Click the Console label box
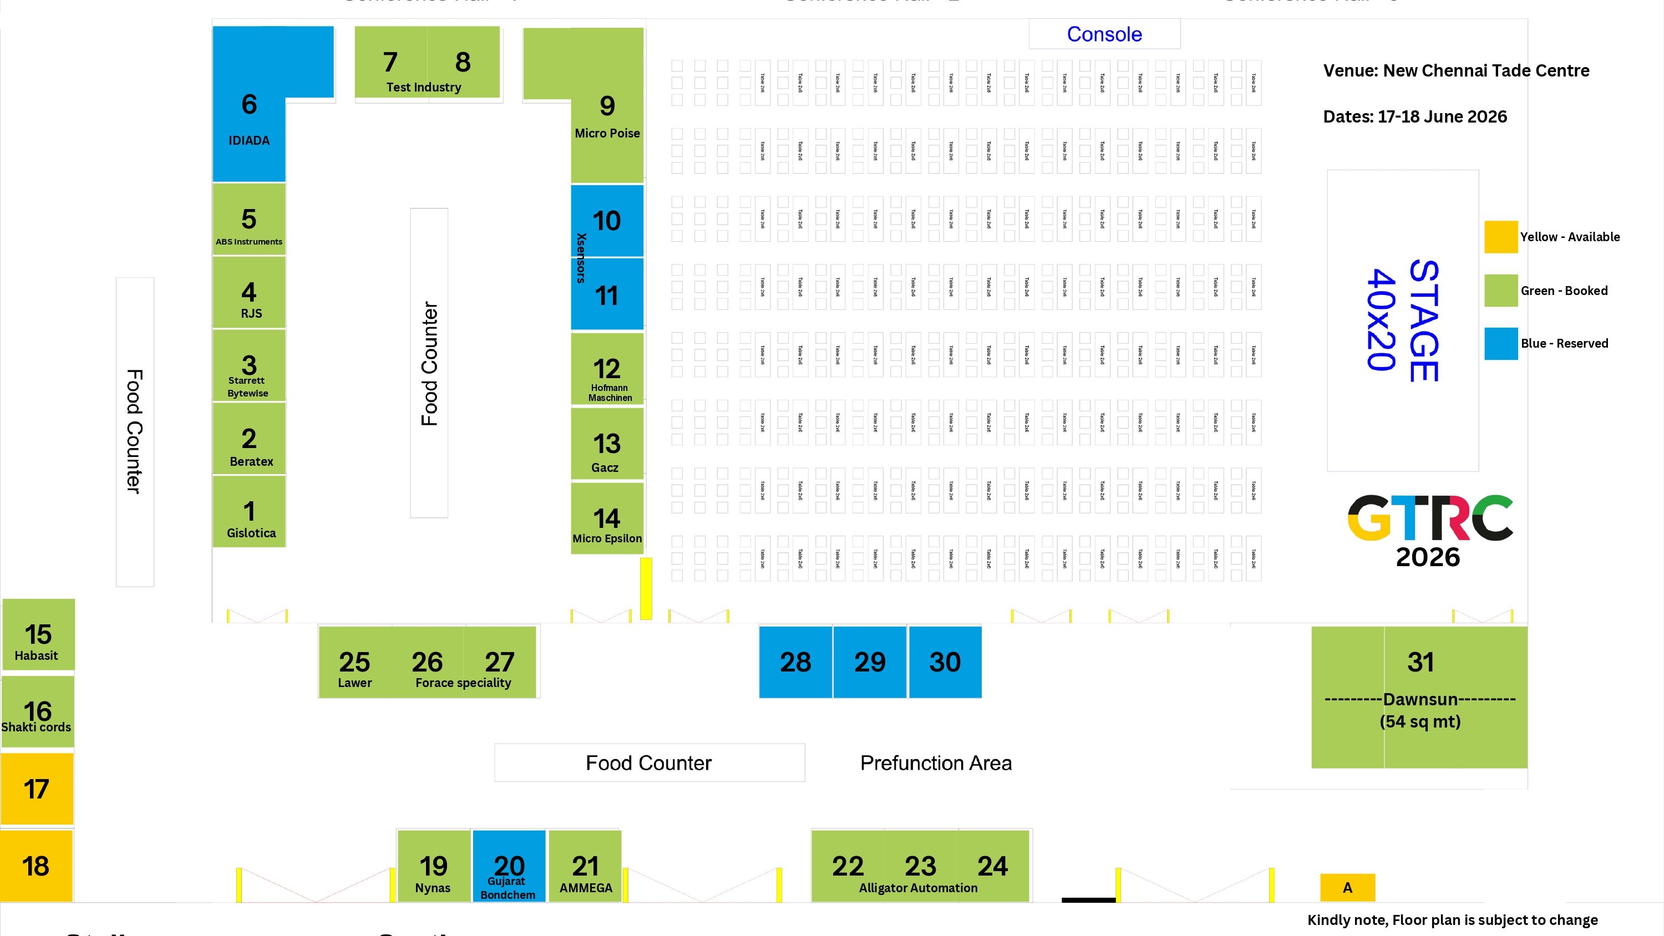click(x=1104, y=34)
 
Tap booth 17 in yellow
click(x=37, y=789)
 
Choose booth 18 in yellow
click(x=36, y=866)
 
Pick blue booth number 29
click(x=870, y=662)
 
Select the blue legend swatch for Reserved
click(x=1500, y=344)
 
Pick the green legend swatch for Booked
click(x=1500, y=291)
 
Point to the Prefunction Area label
click(x=935, y=763)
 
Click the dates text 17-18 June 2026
click(x=1414, y=117)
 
